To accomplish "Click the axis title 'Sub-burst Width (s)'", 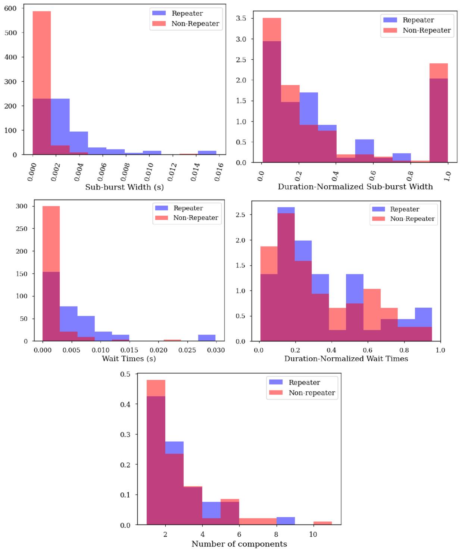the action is [x=124, y=187].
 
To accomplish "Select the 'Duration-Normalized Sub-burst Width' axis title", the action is [x=355, y=186].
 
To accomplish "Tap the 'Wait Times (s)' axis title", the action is [x=129, y=358].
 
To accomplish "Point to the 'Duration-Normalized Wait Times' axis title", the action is [x=346, y=358].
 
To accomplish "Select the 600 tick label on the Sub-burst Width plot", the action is [x=10, y=9].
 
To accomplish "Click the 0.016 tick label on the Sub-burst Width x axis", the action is [x=219, y=172].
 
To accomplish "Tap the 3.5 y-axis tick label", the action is [x=241, y=18].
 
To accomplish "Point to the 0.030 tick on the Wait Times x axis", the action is [x=216, y=350].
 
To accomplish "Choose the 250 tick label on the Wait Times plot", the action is [x=22, y=229].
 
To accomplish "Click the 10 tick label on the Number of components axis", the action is [x=313, y=534].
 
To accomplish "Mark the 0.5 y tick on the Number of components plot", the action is [x=125, y=374].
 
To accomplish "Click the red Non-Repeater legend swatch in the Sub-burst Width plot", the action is [x=159, y=23].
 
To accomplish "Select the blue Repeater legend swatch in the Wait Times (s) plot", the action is [x=162, y=208].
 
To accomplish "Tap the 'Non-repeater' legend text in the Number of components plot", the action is [x=312, y=393].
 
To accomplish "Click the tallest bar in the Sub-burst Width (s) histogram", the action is [x=41, y=83].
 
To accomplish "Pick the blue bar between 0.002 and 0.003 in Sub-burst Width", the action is [x=60, y=126].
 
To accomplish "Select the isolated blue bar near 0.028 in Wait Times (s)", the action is [x=207, y=338].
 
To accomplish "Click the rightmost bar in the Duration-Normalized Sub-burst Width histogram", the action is [x=438, y=113].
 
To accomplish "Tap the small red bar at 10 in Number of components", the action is [x=322, y=523].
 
